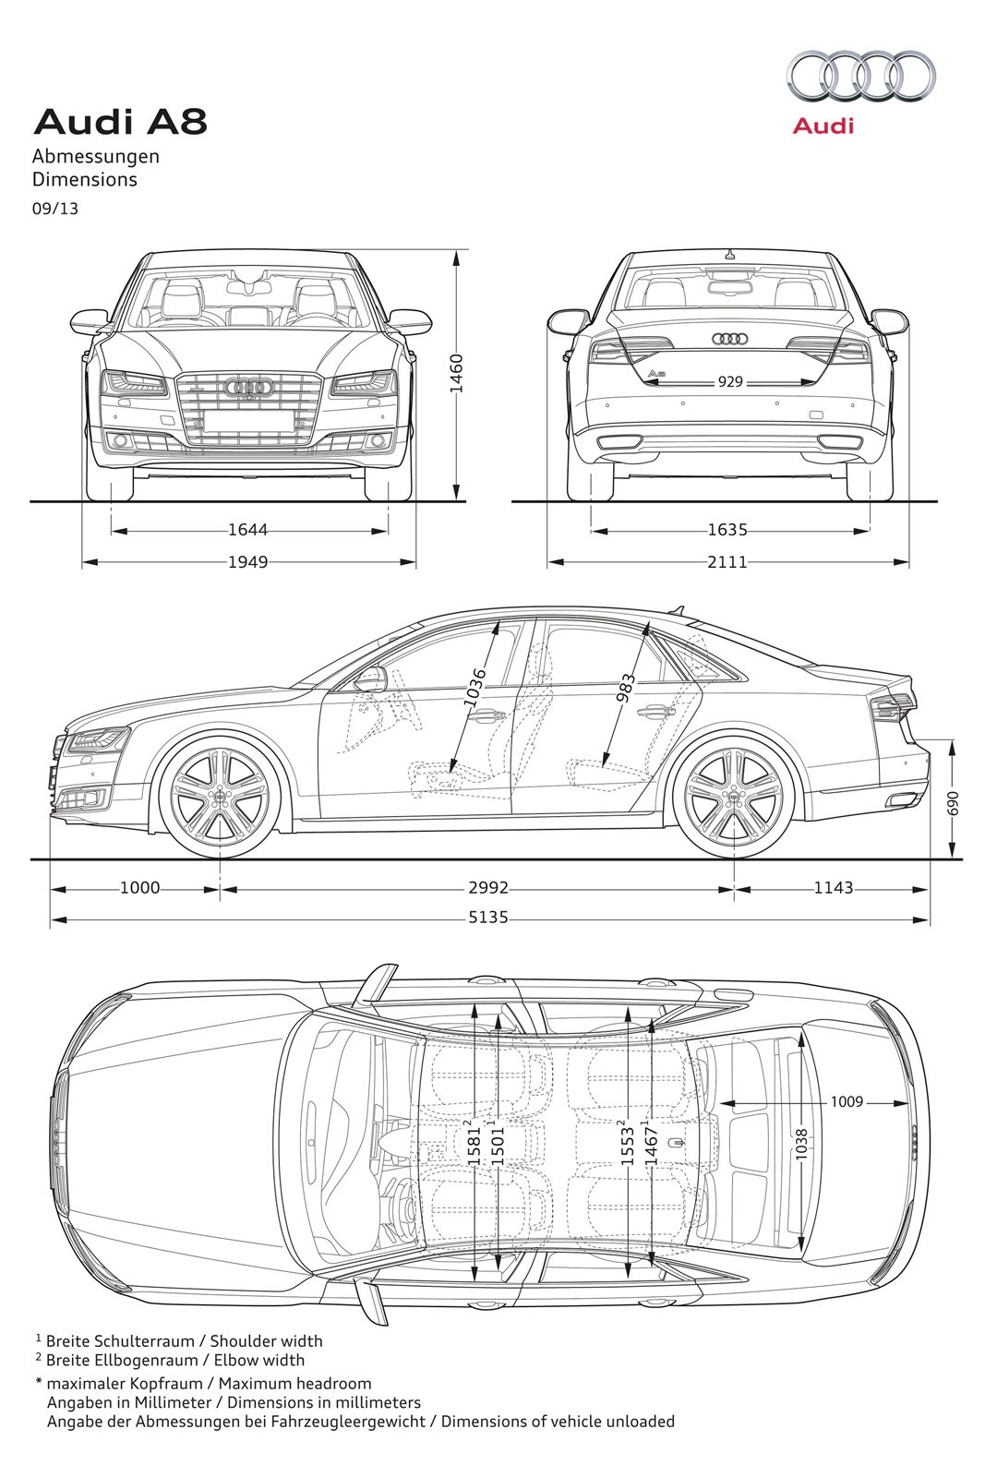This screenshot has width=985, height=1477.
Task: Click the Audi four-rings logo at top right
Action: click(859, 76)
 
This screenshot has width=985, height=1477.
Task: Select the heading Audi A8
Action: click(120, 121)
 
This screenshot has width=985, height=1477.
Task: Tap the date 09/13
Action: click(55, 209)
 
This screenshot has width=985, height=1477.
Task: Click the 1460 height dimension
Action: click(455, 374)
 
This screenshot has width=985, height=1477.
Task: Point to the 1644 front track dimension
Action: click(247, 530)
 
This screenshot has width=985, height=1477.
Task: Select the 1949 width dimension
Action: click(247, 561)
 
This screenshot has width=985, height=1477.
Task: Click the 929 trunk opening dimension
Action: click(729, 381)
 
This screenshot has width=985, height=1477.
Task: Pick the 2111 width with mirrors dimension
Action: click(727, 561)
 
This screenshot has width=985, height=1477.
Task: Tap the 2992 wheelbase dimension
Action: click(488, 888)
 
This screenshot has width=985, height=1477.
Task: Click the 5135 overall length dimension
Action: click(488, 919)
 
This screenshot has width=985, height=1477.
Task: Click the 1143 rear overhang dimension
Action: click(834, 888)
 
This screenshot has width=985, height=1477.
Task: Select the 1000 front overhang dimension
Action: click(139, 888)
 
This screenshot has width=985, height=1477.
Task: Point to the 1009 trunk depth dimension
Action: click(846, 1101)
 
